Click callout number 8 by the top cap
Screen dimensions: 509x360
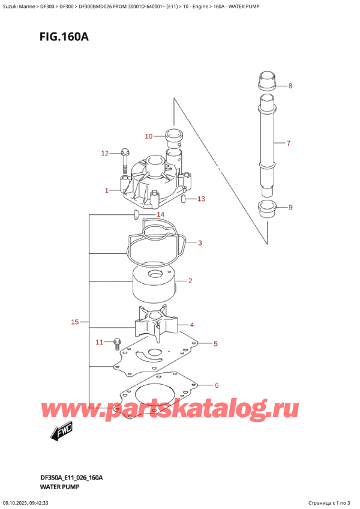click(x=290, y=86)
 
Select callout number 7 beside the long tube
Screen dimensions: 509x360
click(x=288, y=143)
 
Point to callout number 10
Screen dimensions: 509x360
click(x=149, y=136)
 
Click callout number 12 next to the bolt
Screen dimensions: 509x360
click(x=104, y=154)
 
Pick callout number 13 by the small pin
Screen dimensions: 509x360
click(x=200, y=199)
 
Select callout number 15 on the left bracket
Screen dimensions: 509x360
click(x=75, y=322)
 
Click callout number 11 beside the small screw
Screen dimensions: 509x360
click(x=100, y=342)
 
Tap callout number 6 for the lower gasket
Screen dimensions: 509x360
click(x=217, y=385)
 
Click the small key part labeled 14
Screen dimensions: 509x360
click(x=137, y=213)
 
